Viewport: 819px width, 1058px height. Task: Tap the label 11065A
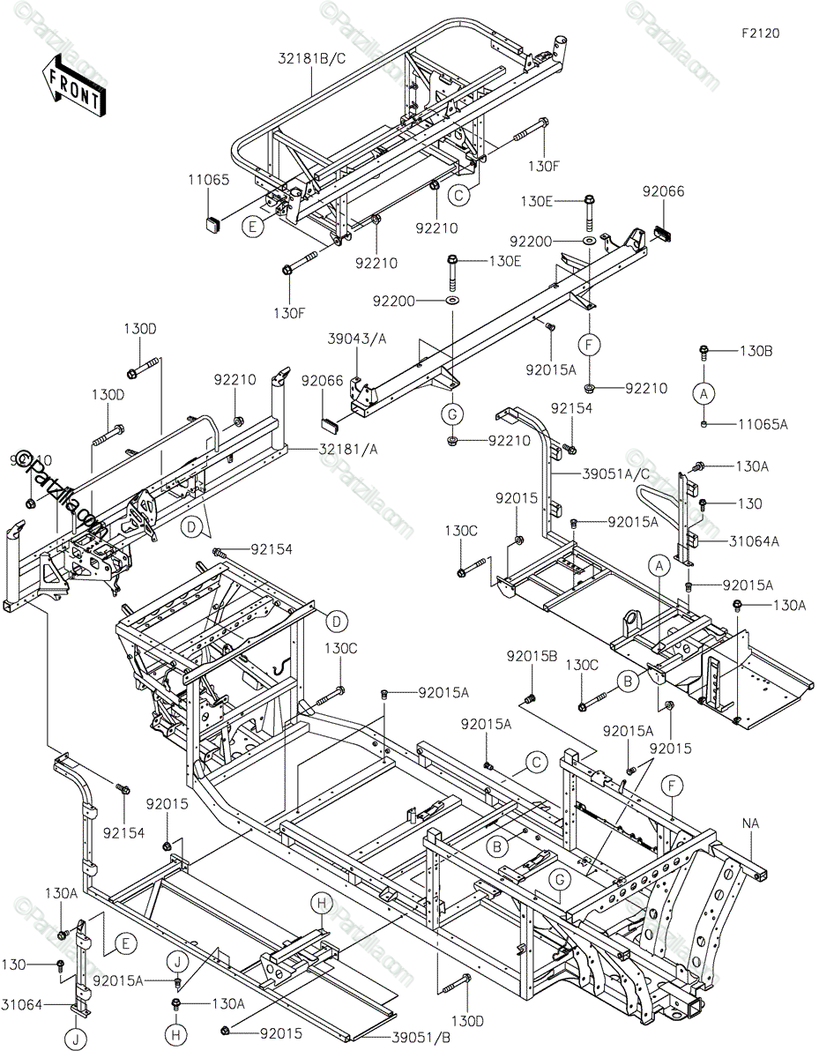click(x=763, y=424)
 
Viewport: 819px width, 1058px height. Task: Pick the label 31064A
click(x=755, y=541)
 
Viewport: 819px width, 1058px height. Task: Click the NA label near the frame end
click(x=750, y=823)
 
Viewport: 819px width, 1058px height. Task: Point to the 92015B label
click(x=532, y=656)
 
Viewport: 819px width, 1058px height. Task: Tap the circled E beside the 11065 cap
click(x=253, y=227)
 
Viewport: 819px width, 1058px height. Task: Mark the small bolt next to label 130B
click(x=704, y=353)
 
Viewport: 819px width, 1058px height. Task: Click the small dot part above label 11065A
click(x=704, y=424)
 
